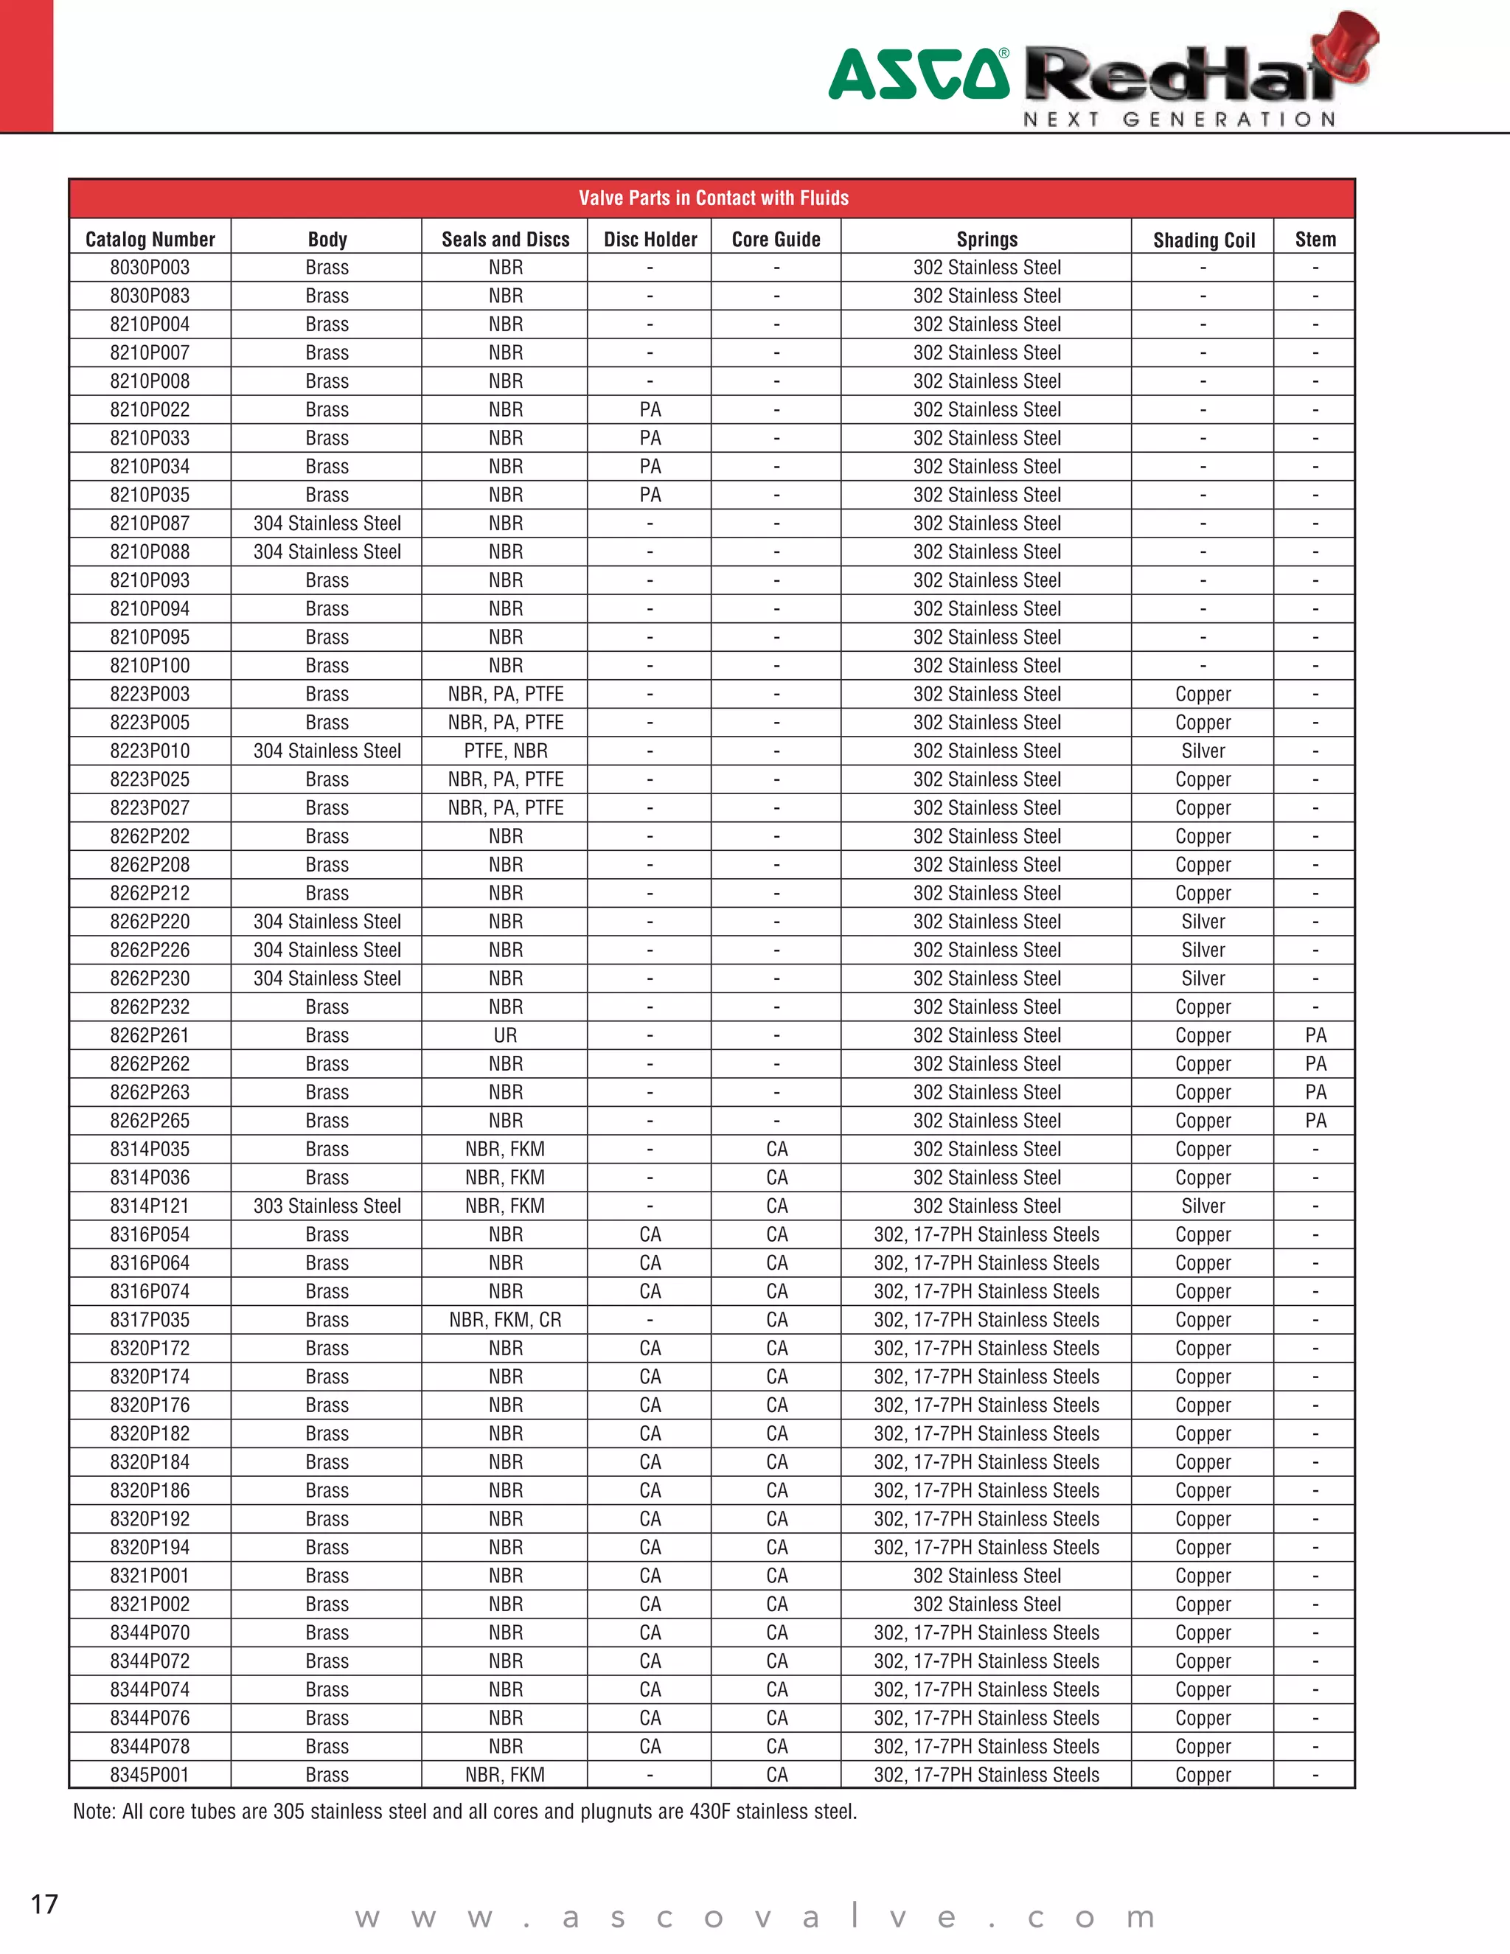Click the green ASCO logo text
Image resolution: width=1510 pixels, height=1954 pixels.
coord(918,75)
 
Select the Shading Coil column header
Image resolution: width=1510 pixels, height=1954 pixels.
coord(1203,240)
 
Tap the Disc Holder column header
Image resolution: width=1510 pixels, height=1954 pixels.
coord(650,240)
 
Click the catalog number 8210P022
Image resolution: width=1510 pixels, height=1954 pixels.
coord(150,410)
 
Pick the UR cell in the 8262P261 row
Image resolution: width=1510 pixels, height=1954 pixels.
coord(505,1035)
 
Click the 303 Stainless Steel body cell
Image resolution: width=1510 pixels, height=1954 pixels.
coord(327,1206)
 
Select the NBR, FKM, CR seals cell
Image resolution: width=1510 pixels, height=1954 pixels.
coord(505,1320)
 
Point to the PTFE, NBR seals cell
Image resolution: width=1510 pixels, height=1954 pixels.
coord(505,751)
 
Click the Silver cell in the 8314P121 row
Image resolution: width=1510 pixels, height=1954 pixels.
coord(1203,1206)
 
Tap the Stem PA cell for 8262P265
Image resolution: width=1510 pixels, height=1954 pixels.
coord(1315,1120)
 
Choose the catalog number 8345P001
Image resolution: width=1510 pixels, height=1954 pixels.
coord(150,1774)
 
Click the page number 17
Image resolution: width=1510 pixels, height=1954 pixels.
coord(45,1904)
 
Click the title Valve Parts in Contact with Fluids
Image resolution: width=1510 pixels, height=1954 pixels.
coord(713,198)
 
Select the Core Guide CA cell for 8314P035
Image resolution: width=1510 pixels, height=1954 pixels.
coord(776,1149)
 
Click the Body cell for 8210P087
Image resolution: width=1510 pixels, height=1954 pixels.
coord(327,524)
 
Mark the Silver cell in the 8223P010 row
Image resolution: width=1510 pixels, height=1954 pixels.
coord(1203,751)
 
